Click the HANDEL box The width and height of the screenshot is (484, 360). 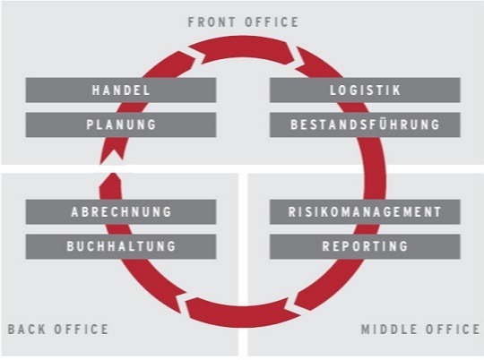pos(121,90)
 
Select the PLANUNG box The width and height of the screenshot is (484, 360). pos(121,124)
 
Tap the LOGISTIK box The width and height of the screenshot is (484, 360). pos(365,90)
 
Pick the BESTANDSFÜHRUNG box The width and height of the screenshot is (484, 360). pos(365,124)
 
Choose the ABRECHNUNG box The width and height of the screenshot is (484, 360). pos(121,212)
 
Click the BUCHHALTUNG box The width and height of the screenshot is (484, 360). pos(121,246)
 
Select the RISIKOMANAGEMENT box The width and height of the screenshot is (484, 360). pos(365,212)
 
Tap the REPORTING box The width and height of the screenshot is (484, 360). pos(365,246)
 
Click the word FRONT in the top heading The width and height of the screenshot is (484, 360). pos(212,22)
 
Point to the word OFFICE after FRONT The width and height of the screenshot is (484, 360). pos(272,22)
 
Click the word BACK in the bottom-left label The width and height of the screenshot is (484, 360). pos(26,330)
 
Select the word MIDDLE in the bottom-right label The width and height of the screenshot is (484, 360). pos(389,330)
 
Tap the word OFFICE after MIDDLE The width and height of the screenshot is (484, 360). pos(453,330)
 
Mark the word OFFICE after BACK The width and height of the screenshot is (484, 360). pos(82,330)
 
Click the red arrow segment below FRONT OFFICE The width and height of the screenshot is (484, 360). pos(244,48)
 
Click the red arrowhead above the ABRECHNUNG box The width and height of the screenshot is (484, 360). pos(110,184)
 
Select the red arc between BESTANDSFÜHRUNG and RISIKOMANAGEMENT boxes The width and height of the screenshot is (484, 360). pos(375,168)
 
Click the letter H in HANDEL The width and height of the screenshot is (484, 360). pos(95,90)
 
